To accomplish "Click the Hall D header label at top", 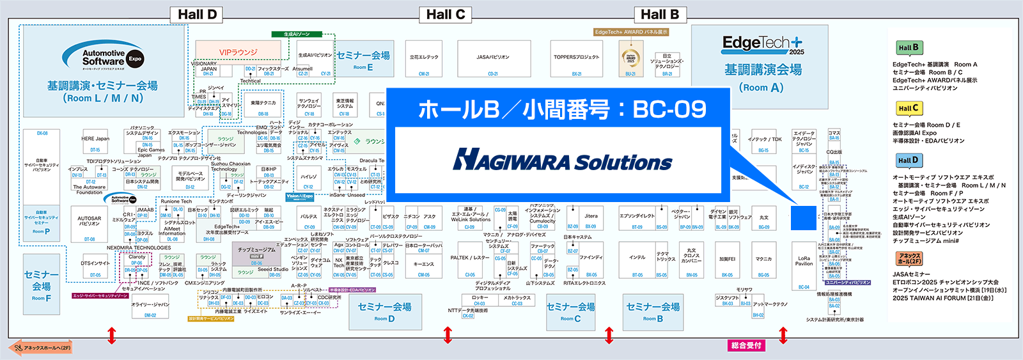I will tap(197, 15).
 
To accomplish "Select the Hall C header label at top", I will tap(445, 15).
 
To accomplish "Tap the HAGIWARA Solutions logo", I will tap(562, 160).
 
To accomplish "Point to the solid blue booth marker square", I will tap(804, 217).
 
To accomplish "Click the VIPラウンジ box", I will tap(238, 52).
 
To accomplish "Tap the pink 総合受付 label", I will tap(746, 345).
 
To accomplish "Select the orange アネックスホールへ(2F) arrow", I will tap(42, 348).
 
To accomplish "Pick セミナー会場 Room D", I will tap(384, 311).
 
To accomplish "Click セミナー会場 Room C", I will tap(570, 311).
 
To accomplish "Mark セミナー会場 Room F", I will tap(42, 285).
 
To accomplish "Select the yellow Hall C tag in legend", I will tap(908, 108).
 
